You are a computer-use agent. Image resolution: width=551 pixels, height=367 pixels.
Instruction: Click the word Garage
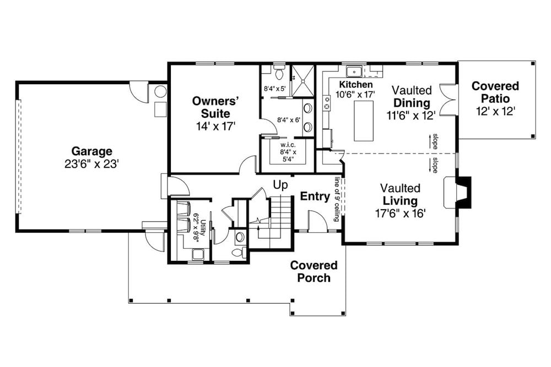[x=91, y=151]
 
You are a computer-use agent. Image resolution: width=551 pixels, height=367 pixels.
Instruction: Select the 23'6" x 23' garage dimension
[x=91, y=164]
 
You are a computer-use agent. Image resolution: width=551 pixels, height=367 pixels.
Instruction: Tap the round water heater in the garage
[x=160, y=91]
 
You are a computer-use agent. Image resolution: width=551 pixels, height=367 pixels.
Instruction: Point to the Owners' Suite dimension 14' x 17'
[x=214, y=126]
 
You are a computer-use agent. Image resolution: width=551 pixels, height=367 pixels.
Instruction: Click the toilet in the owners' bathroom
[x=279, y=72]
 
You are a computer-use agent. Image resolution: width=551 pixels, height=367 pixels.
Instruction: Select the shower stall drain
[x=301, y=80]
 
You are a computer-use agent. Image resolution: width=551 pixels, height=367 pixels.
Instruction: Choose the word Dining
[x=412, y=103]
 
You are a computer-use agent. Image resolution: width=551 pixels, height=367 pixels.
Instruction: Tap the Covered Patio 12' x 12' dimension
[x=495, y=111]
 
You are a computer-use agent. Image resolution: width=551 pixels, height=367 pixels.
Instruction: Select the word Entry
[x=315, y=196]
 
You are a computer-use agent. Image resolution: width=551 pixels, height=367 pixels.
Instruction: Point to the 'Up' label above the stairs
[x=281, y=185]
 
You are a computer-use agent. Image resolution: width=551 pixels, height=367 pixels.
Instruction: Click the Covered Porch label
[x=314, y=271]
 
